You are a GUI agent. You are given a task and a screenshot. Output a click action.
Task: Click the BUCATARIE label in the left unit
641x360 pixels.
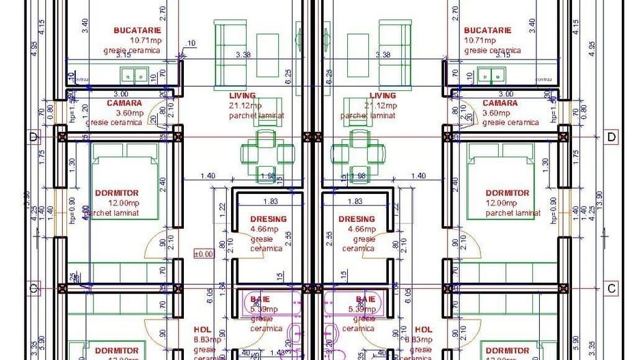pos(137,31)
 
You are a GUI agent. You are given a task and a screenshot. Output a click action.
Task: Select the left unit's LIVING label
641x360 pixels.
pos(243,96)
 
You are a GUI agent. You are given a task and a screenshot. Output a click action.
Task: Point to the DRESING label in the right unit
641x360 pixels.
pos(357,219)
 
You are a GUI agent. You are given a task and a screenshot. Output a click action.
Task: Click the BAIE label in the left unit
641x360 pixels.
pos(260,299)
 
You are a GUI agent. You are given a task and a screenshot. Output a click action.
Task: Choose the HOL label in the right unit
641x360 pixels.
pos(424,329)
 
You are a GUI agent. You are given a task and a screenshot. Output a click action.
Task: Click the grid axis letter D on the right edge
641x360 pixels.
pos(611,137)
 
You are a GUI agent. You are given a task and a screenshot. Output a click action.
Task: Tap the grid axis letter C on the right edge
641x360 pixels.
pos(611,288)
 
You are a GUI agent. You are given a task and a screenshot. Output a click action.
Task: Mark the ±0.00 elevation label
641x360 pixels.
pos(204,253)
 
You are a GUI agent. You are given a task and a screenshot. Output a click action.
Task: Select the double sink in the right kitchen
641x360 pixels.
pos(489,75)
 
